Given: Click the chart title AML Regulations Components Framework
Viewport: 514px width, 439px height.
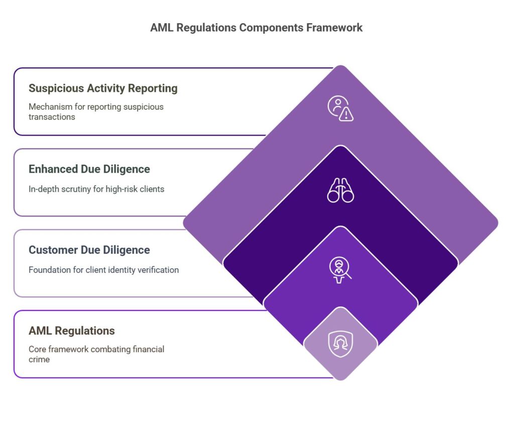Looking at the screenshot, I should pos(256,28).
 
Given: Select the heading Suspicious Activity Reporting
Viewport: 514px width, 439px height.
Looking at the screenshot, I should pos(103,88).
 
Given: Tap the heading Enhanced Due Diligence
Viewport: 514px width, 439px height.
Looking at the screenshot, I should pos(89,169).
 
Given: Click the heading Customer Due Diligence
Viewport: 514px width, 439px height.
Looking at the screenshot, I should pos(89,250).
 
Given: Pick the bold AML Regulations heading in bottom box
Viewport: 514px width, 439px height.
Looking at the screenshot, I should pos(72,331).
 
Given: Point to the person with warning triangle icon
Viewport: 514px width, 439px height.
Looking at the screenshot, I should pos(340,108).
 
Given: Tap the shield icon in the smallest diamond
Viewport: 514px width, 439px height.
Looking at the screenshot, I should pos(340,344).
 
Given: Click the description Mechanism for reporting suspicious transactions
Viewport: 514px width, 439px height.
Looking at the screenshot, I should pos(96,112).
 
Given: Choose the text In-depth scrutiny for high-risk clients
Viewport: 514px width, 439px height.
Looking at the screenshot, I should pos(96,189).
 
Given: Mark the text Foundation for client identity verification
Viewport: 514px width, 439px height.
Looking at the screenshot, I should pos(103,270).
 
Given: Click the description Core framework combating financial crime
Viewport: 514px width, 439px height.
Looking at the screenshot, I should pos(96,354).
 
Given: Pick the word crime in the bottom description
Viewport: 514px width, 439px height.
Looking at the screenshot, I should pos(39,359).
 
